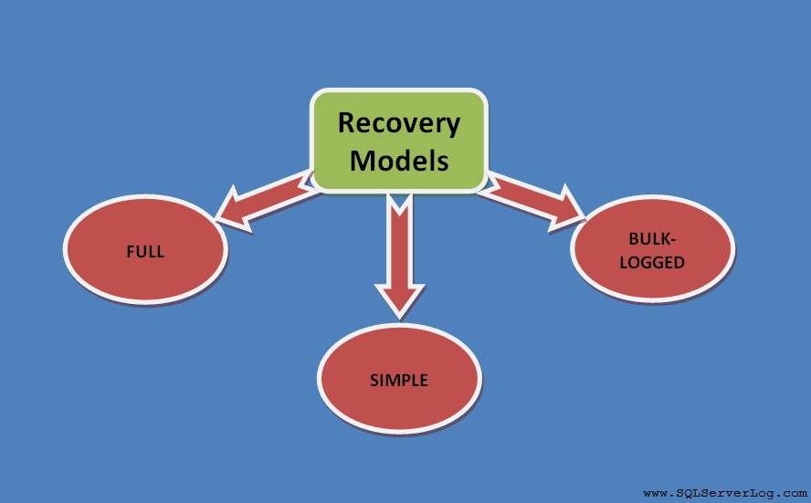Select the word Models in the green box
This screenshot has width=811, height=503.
click(399, 161)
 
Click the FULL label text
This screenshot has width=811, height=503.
click(145, 251)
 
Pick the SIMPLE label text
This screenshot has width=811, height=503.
click(399, 380)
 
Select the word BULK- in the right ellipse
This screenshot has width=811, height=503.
click(652, 238)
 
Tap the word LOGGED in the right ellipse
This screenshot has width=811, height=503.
click(652, 262)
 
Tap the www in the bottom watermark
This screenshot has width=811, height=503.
click(654, 492)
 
